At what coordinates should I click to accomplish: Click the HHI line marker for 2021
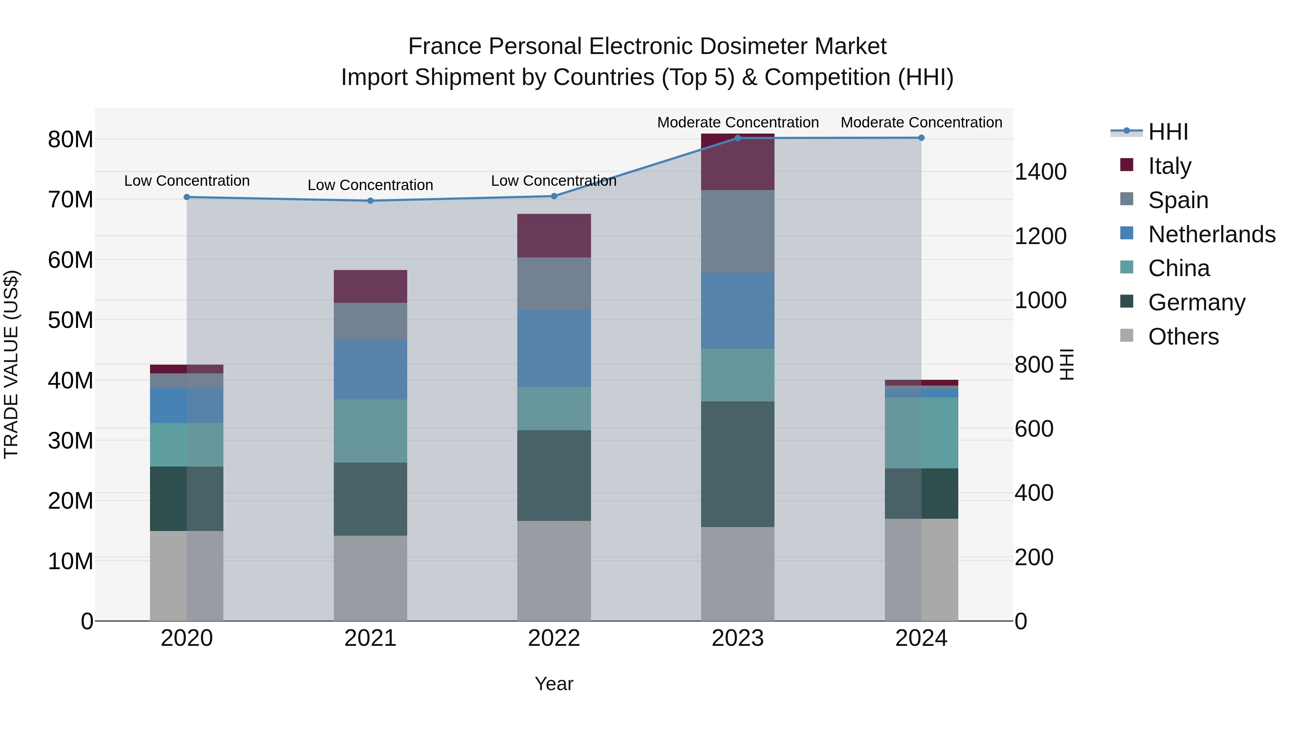371,201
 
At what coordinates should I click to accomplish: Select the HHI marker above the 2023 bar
737,138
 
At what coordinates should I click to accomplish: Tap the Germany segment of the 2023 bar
737,464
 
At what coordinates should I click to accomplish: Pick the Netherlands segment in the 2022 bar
554,348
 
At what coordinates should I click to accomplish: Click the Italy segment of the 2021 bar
371,286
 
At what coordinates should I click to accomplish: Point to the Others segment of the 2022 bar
554,571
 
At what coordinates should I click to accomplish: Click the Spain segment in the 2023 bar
737,231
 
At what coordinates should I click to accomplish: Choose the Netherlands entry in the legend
1212,234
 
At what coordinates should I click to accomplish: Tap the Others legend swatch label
1183,337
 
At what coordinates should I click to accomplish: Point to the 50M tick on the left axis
71,320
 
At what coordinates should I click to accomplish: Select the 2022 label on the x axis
554,638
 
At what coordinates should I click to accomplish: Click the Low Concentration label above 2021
371,185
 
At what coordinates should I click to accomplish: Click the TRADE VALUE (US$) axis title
11,364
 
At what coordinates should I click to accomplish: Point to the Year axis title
554,684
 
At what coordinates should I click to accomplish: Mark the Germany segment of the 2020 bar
186,499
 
